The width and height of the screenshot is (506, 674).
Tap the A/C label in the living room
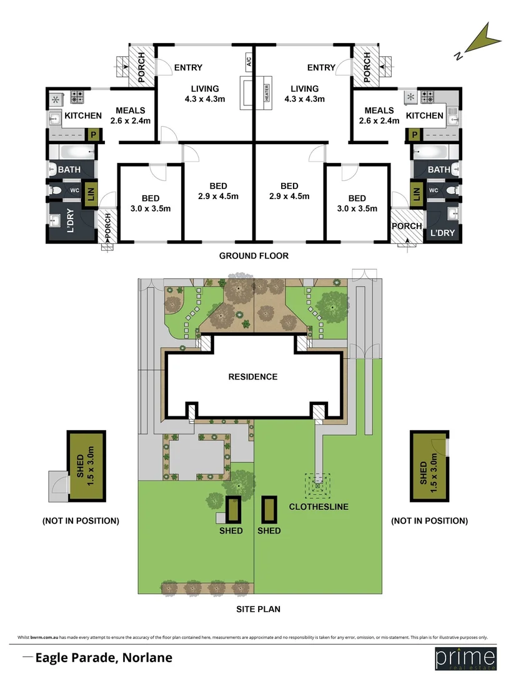248,61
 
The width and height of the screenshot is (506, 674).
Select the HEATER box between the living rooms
266,93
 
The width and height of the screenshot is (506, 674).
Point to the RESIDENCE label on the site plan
252,376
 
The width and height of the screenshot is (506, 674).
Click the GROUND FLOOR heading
254,256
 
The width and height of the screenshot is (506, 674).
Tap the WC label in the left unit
74,190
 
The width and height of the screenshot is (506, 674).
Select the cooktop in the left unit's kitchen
77,97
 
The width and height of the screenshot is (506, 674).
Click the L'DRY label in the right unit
442,233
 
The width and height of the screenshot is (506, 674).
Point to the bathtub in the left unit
74,152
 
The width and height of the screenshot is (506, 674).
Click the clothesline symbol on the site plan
318,482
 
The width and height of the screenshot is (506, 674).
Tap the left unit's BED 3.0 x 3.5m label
150,203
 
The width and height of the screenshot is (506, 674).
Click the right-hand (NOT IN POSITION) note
429,520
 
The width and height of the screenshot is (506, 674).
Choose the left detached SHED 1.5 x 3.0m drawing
86,466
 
